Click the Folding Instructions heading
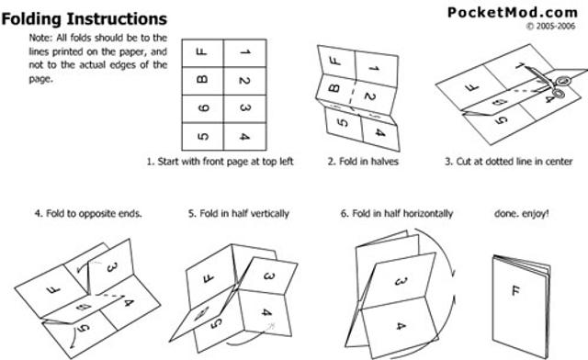tap(84, 18)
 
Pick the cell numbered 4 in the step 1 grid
tap(244, 138)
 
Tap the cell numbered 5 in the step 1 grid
tap(203, 138)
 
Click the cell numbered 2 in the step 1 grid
tap(244, 82)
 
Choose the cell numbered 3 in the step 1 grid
tap(244, 109)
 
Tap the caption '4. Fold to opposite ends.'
tap(88, 213)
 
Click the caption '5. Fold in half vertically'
tap(239, 213)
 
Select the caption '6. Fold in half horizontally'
tap(397, 213)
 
